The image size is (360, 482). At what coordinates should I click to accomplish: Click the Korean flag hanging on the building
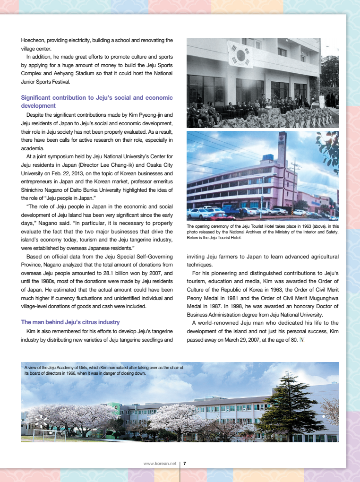pyautogui.click(x=240, y=53)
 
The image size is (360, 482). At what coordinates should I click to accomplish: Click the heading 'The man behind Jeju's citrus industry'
pyautogui.click(x=70, y=322)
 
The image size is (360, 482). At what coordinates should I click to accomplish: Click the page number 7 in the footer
pyautogui.click(x=184, y=464)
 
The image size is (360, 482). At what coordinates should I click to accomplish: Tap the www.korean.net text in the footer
pyautogui.click(x=159, y=464)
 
